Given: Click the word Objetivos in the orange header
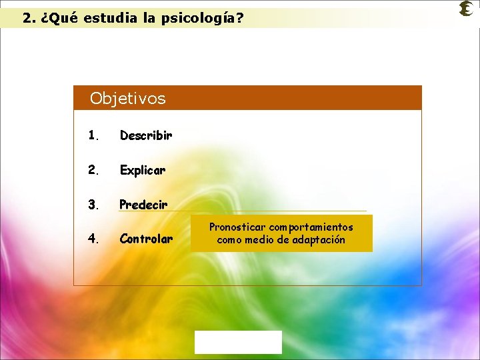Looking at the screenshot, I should tap(127, 99).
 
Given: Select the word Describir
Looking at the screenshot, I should tap(146, 135).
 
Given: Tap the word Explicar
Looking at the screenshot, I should tap(143, 170).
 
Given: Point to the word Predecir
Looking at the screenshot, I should tap(143, 204).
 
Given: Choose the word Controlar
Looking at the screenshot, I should tap(146, 239).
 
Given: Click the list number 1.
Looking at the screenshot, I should tap(93, 135).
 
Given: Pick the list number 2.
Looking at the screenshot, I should tap(93, 170).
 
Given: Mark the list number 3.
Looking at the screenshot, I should tap(93, 204).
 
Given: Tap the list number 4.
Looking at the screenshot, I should tap(93, 239).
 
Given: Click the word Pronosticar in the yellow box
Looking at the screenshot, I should tap(238, 227).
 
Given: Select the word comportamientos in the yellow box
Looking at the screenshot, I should tap(311, 227).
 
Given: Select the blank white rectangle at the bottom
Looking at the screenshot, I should tap(238, 342).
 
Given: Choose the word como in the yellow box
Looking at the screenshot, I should tap(229, 240).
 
